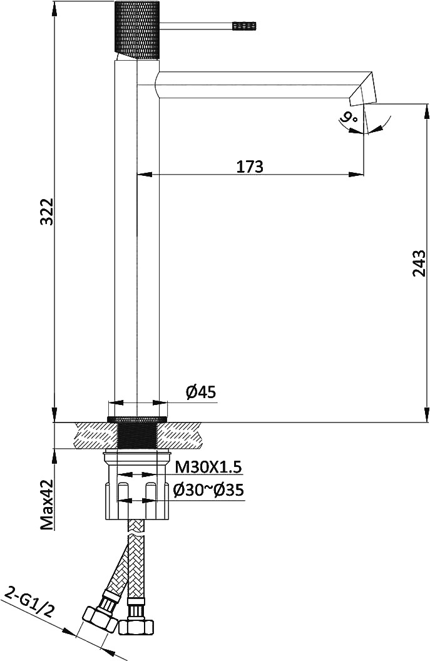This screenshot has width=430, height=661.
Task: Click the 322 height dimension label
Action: coord(47,211)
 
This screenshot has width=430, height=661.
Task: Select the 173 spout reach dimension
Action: coord(249,167)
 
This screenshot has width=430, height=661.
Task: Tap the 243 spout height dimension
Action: coord(419,263)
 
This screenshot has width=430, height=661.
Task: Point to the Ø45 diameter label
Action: coord(201,392)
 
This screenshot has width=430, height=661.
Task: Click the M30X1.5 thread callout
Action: coord(208,467)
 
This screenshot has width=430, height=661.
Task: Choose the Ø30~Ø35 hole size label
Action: coord(208,490)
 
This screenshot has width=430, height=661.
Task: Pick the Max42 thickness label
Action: coord(47,504)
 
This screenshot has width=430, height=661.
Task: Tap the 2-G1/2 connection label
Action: coord(29,604)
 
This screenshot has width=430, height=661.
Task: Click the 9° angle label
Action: coord(349,117)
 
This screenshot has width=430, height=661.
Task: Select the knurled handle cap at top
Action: coord(138,30)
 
